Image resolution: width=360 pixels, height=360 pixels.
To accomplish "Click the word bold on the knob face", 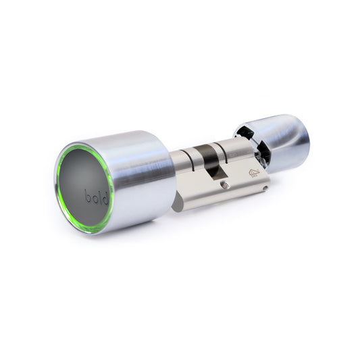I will (96, 199).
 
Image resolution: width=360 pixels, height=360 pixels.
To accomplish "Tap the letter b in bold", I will (88, 196).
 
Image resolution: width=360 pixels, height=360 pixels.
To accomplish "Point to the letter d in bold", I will (105, 199).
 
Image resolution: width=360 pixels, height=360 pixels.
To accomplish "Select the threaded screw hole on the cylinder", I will (225, 184).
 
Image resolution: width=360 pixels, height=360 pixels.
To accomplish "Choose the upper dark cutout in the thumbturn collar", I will (245, 133).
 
